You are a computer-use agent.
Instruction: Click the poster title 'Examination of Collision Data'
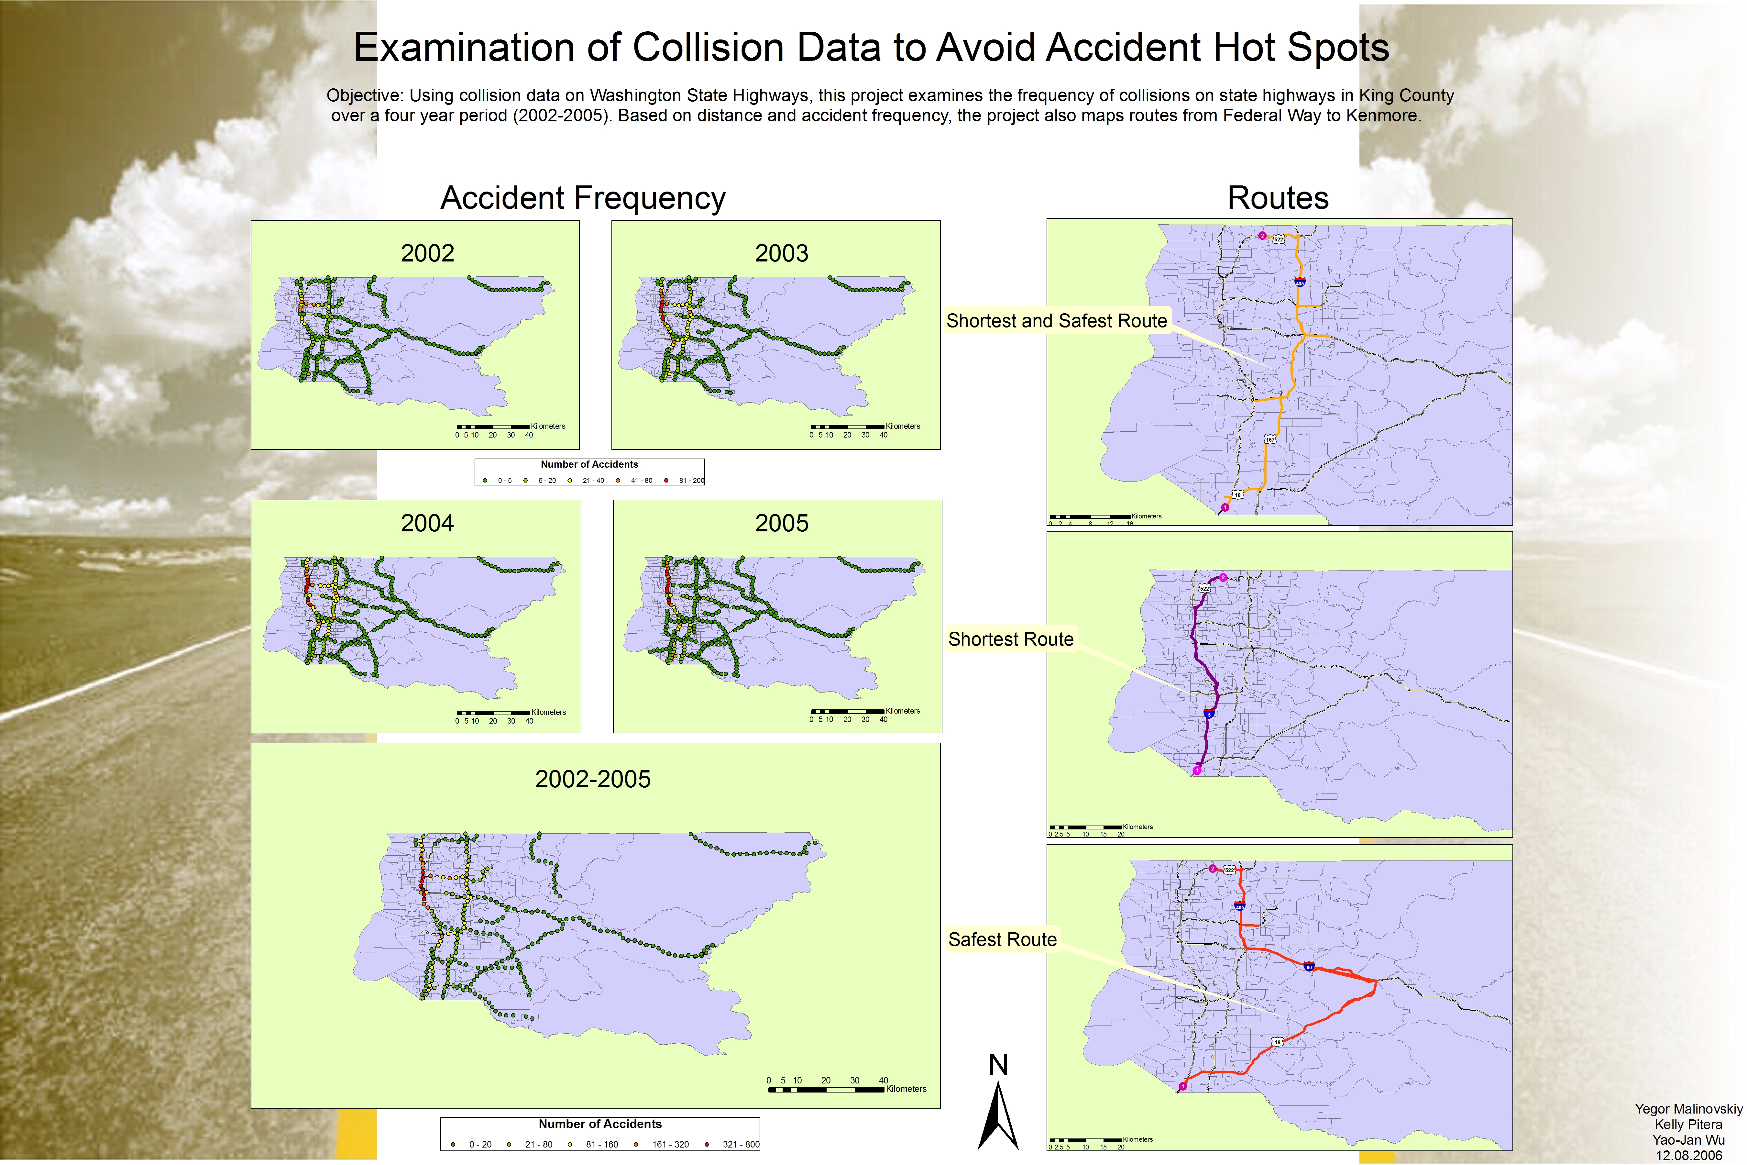(871, 48)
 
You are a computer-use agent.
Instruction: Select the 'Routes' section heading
(1278, 198)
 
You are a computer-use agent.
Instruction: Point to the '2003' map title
(781, 253)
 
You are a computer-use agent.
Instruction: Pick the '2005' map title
(781, 523)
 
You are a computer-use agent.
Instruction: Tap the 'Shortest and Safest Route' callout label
(1056, 321)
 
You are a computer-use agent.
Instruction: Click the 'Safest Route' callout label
(1002, 940)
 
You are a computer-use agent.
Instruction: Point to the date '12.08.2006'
(1687, 1155)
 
